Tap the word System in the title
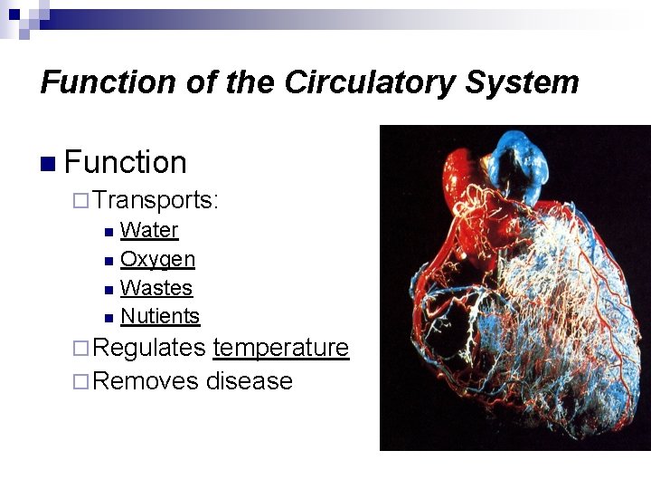click(x=522, y=82)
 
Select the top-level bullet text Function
click(x=126, y=163)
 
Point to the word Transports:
click(x=156, y=199)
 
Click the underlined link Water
click(x=149, y=230)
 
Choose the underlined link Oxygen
click(x=157, y=259)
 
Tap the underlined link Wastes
click(x=156, y=288)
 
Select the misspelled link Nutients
click(x=160, y=316)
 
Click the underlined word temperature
click(x=280, y=348)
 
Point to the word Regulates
click(x=149, y=348)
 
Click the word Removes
click(x=146, y=381)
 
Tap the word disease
click(x=250, y=381)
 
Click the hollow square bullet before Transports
click(x=80, y=200)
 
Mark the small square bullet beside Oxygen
click(x=108, y=261)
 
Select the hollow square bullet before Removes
click(x=80, y=382)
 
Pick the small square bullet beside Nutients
click(x=108, y=318)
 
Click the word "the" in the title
click(x=250, y=82)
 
